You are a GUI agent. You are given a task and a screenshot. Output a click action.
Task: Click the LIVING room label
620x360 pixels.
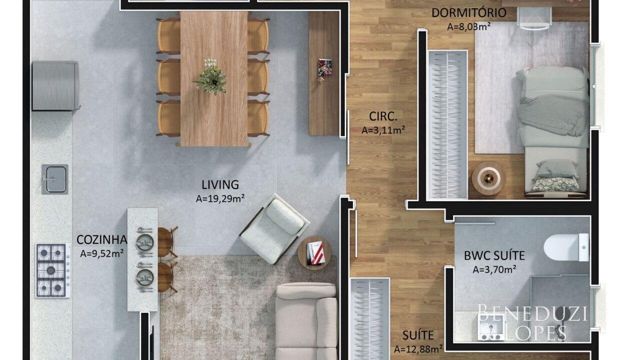pyautogui.click(x=220, y=185)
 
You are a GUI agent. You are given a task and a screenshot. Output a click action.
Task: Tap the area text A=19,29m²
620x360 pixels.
pyautogui.click(x=220, y=198)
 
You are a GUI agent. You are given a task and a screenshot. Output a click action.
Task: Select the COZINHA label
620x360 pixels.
pyautogui.click(x=101, y=240)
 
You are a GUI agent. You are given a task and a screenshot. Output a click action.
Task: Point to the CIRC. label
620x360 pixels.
pyautogui.click(x=383, y=116)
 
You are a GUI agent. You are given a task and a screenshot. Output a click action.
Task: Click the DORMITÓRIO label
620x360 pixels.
pyautogui.click(x=469, y=12)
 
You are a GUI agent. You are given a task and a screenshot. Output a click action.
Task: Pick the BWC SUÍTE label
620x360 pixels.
pyautogui.click(x=494, y=255)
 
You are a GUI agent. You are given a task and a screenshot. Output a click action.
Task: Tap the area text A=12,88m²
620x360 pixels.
pyautogui.click(x=418, y=349)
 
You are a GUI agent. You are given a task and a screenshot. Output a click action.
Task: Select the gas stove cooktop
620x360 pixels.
pyautogui.click(x=52, y=270)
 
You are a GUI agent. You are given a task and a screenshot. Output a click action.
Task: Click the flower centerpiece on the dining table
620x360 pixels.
pyautogui.click(x=211, y=77)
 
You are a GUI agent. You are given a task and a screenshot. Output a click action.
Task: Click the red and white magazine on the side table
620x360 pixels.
pyautogui.click(x=316, y=252)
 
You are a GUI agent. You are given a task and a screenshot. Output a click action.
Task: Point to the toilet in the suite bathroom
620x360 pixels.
pyautogui.click(x=566, y=247)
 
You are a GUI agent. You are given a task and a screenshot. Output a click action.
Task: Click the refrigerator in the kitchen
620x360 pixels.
pyautogui.click(x=55, y=86)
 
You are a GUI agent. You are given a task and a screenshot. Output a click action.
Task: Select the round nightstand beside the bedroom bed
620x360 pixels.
pyautogui.click(x=488, y=178)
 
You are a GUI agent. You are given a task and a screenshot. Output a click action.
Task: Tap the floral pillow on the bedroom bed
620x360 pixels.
pyautogui.click(x=554, y=184)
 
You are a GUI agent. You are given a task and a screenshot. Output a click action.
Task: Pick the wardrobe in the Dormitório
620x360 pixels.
pyautogui.click(x=447, y=124)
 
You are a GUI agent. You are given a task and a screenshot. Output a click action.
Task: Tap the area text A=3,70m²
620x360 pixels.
pyautogui.click(x=494, y=269)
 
